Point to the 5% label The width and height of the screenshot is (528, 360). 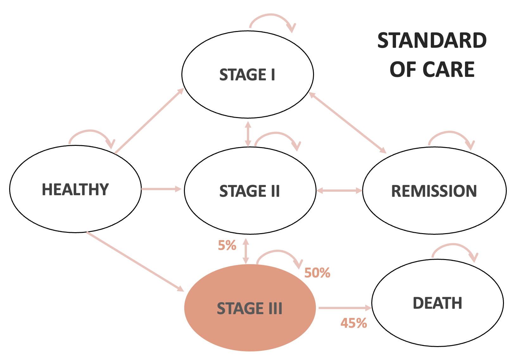tap(227, 245)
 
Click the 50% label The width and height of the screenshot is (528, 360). tap(317, 273)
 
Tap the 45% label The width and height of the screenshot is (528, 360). tap(354, 323)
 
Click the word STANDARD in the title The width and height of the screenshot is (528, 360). tap(432, 40)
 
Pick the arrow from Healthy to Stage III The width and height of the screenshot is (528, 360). tap(135, 261)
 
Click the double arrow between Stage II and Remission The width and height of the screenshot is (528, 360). tap(339, 190)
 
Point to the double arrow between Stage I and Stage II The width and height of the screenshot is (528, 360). tap(248, 133)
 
